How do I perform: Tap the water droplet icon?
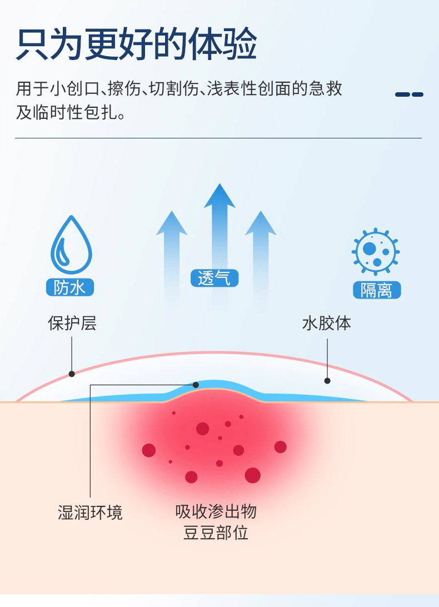tap(71, 245)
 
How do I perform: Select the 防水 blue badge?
tap(70, 287)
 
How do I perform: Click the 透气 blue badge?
tap(214, 278)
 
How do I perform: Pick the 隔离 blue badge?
tap(376, 290)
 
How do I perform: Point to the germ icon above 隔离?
tap(376, 251)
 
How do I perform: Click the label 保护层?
tap(72, 324)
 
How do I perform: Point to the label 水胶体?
tap(327, 324)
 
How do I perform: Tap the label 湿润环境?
tap(90, 512)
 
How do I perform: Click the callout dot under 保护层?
tap(72, 374)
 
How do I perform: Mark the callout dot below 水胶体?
tap(327, 381)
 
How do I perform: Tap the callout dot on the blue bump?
tap(196, 385)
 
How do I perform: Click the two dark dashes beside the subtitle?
tap(409, 94)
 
